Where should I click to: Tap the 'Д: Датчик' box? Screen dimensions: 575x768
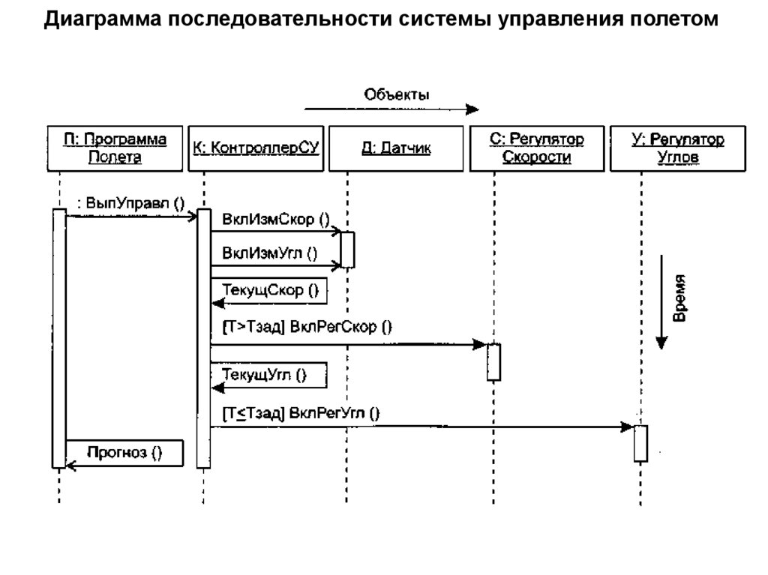[395, 148]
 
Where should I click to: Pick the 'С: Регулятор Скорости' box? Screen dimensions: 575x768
[537, 148]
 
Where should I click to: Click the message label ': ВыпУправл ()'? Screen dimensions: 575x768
[130, 202]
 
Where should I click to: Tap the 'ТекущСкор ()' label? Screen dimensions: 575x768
[270, 290]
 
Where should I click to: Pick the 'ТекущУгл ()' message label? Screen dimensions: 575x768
[265, 374]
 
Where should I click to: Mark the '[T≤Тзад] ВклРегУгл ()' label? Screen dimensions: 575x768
[301, 412]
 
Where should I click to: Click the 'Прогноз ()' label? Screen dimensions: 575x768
[124, 451]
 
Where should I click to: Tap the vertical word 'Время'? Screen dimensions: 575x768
[679, 299]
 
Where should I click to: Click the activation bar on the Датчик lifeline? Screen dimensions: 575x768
[347, 250]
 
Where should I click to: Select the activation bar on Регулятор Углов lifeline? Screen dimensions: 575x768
[640, 443]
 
